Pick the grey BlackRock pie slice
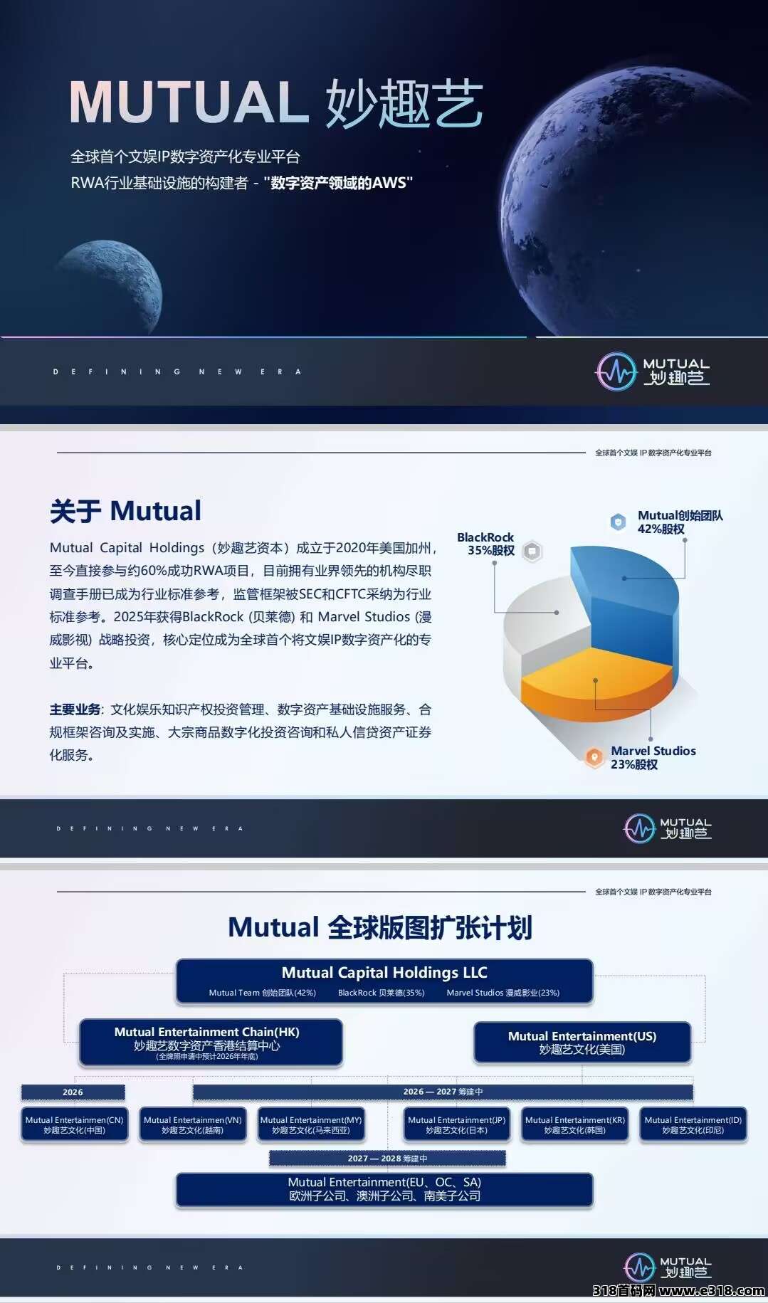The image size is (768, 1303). click(x=545, y=626)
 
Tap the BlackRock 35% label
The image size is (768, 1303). click(x=485, y=544)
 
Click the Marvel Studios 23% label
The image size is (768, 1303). click(x=653, y=757)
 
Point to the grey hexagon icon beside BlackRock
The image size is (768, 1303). click(x=532, y=551)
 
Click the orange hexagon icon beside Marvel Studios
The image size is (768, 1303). click(x=594, y=757)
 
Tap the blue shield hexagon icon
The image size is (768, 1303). click(x=619, y=522)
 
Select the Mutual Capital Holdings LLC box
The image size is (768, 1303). click(x=384, y=981)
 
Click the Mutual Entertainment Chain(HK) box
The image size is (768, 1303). click(x=211, y=1043)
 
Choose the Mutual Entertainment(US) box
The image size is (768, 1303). click(x=582, y=1043)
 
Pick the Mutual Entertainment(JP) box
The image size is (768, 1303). click(x=456, y=1124)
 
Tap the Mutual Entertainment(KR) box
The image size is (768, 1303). click(x=575, y=1124)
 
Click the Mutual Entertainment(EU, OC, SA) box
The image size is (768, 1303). click(x=384, y=1189)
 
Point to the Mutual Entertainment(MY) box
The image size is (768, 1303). click(x=311, y=1124)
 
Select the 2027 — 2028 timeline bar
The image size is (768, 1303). click(x=387, y=1159)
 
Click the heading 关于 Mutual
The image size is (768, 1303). click(x=125, y=511)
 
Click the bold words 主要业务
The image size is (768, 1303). click(x=75, y=709)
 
